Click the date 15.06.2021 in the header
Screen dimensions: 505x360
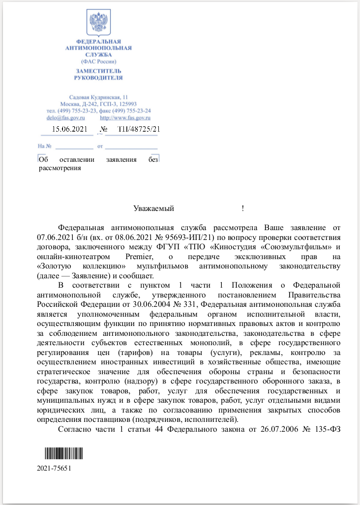(x=69, y=129)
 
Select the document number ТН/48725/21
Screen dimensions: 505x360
(x=139, y=129)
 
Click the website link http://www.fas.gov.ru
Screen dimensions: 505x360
(x=125, y=118)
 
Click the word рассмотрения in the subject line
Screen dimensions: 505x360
(x=60, y=168)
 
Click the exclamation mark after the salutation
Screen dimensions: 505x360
(x=243, y=208)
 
